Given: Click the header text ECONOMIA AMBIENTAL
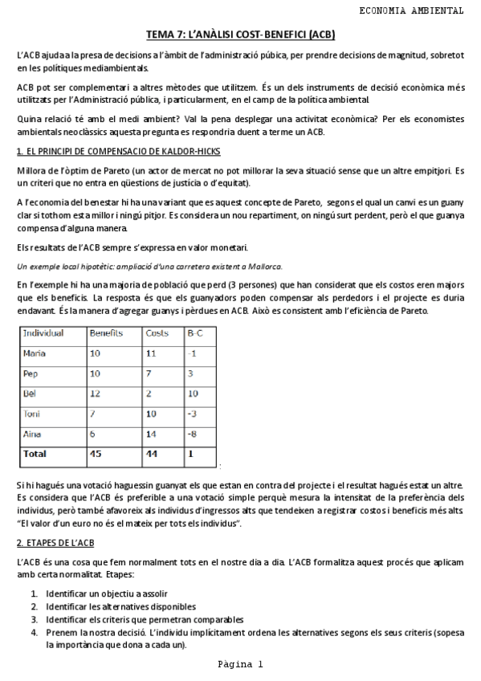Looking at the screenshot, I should pos(410,10).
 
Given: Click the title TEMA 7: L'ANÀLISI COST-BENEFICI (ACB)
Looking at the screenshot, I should pos(240,35).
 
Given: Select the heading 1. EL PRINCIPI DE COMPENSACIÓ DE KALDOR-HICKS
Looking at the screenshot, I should pos(118,152).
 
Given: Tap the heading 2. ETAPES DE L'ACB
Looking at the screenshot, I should pos(55,544).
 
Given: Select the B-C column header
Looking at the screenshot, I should pos(195,332).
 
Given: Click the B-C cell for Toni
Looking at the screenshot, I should pos(192,414).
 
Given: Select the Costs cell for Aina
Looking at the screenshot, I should pos(151,434).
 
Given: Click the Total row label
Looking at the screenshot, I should pos(35,454).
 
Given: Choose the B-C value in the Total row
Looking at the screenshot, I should pos(190,454).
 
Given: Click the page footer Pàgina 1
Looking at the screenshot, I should pos(239,664).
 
